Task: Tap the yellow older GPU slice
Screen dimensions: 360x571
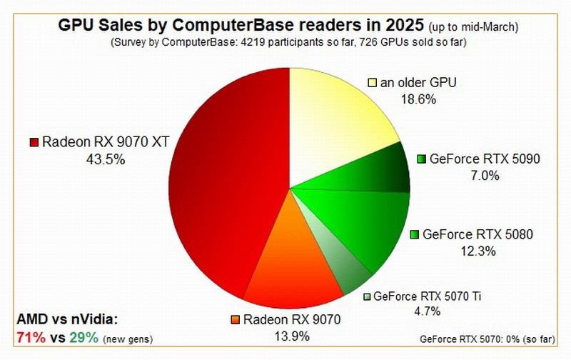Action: tap(335, 121)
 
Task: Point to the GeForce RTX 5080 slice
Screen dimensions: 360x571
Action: tap(364, 221)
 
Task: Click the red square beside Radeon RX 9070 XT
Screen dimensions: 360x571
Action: tap(34, 142)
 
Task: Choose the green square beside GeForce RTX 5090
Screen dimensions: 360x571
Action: tap(421, 159)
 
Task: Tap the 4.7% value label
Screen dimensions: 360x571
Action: tap(425, 311)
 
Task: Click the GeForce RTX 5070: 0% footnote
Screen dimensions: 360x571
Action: tap(494, 339)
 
